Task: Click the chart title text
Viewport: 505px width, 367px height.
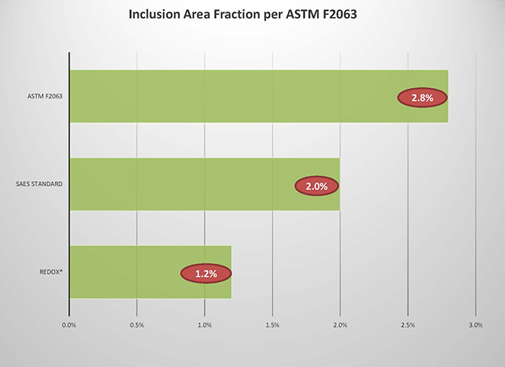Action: [243, 15]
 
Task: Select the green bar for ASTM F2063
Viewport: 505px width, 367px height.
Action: [259, 96]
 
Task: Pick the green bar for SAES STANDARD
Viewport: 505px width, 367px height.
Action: [205, 184]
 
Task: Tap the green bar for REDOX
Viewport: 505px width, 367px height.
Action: [150, 272]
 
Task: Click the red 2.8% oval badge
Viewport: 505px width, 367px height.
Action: [422, 98]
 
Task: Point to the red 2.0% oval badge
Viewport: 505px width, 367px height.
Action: [317, 186]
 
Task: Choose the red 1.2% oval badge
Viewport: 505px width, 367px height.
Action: [206, 274]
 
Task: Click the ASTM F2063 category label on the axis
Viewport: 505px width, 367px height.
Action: [44, 96]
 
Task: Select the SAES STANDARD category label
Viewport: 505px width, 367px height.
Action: [39, 184]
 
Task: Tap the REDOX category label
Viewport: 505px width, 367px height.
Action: [51, 272]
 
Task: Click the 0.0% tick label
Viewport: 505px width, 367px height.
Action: [69, 325]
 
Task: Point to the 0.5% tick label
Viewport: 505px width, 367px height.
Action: [137, 325]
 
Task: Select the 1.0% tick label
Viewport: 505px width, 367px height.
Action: [204, 325]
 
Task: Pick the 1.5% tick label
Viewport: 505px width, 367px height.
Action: [272, 325]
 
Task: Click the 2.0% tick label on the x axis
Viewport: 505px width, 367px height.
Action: [340, 325]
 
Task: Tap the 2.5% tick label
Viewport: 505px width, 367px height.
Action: [408, 325]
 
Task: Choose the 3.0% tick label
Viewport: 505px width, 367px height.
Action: [475, 325]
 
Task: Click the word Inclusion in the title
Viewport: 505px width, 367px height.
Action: [154, 14]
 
